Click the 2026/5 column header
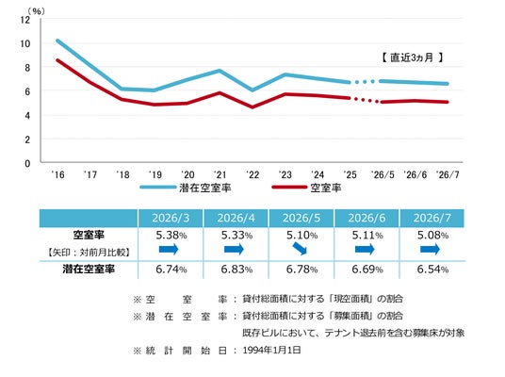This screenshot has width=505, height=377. coord(301,218)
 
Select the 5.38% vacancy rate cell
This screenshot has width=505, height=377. coord(171,236)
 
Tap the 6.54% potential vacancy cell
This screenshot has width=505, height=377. coord(432,269)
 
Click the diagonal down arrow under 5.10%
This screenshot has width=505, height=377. coord(300,249)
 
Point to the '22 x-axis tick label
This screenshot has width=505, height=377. coord(252,174)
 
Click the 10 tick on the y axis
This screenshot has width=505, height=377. coord(24,43)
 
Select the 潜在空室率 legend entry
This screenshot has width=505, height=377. coord(186,188)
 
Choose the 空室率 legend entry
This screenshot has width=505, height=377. coord(306,188)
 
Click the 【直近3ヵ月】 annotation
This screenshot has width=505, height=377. coord(412,57)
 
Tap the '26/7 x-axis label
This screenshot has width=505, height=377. coord(448,174)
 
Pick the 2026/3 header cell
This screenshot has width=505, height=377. coord(171,218)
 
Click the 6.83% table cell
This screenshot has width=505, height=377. coord(236,269)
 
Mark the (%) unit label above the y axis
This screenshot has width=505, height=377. coord(36,11)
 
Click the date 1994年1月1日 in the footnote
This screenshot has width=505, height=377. coord(272,350)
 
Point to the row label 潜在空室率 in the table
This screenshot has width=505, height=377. coord(89,269)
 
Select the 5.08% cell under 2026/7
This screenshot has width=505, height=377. coord(432,236)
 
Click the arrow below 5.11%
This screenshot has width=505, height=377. coord(365,249)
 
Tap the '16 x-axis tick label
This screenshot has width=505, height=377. coord(58,174)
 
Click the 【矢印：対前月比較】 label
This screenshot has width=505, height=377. coord(89,252)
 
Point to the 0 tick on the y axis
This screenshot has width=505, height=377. coord(27,163)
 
